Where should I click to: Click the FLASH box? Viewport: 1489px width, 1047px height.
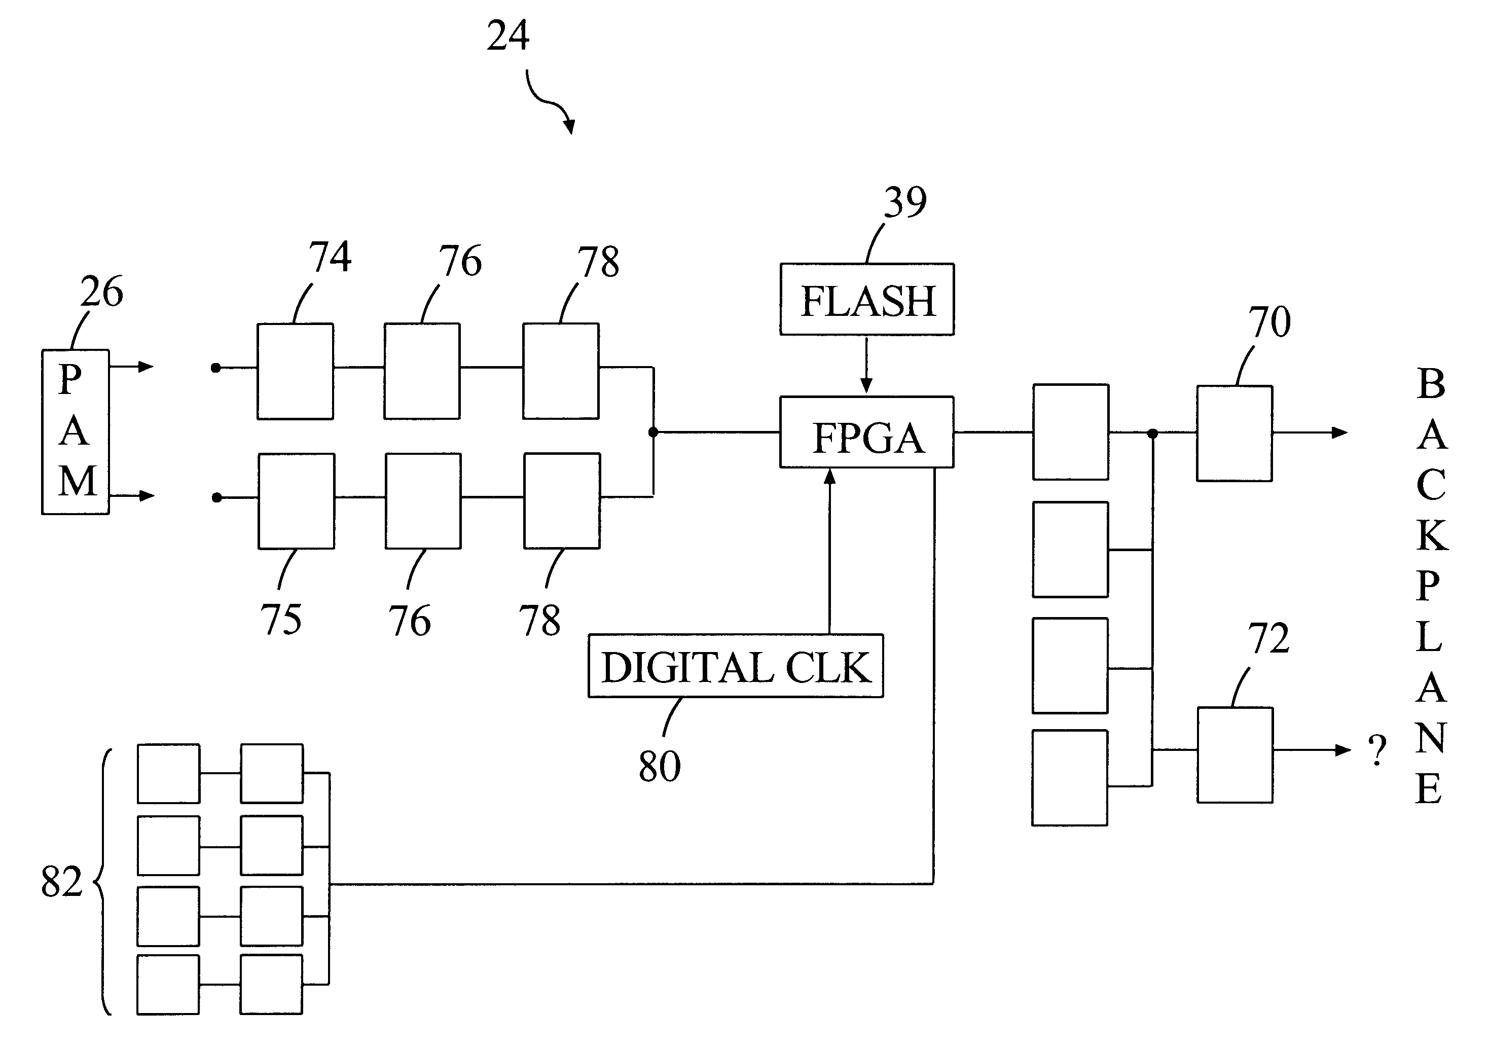point(866,300)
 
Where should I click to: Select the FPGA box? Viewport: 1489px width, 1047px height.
point(866,432)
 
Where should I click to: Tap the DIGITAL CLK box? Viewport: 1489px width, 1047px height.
point(736,666)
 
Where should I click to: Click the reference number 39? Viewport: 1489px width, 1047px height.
point(905,202)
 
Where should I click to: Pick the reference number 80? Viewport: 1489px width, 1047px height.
point(659,766)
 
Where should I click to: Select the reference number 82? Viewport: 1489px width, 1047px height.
point(62,882)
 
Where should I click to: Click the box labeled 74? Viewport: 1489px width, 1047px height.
point(295,371)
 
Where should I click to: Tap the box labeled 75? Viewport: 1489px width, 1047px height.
point(297,501)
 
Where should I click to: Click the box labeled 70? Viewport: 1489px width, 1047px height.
point(1234,434)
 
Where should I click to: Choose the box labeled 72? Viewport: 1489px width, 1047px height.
point(1235,755)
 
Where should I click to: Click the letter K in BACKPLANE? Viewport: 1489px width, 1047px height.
point(1432,536)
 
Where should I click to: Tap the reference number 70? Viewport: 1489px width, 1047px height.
point(1269,322)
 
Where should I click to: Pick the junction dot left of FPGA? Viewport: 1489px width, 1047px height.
point(653,432)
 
